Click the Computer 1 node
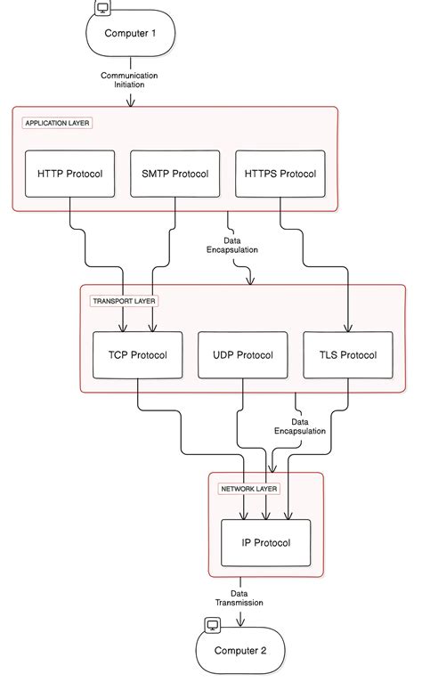[132, 33]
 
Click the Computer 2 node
[240, 650]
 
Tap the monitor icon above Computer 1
[102, 10]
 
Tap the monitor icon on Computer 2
[213, 625]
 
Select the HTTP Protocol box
[71, 174]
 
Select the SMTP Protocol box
[175, 174]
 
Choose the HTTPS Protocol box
[280, 174]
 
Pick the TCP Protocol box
[138, 354]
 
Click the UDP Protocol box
[243, 354]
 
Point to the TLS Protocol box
[347, 354]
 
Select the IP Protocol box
[265, 541]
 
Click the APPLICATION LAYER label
[58, 122]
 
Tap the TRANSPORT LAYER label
[124, 301]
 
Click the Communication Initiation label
[132, 80]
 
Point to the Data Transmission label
[239, 597]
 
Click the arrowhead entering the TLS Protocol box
[347, 328]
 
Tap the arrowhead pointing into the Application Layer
[132, 102]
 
